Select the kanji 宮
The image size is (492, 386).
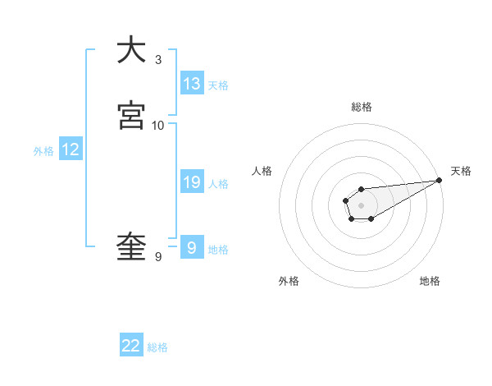tap(131, 116)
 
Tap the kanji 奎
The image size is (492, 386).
tap(131, 246)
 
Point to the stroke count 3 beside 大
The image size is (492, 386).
tap(158, 59)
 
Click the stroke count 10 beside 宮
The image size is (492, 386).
tap(158, 125)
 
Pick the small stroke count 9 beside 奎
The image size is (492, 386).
tap(158, 257)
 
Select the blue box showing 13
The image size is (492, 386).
tap(192, 83)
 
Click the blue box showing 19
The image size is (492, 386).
tap(192, 182)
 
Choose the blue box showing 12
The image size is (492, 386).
tap(71, 149)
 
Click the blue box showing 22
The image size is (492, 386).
tap(131, 346)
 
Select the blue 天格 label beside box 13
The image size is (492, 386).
tap(218, 85)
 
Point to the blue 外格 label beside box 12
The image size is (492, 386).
tap(43, 151)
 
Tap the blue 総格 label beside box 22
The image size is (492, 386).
tap(157, 347)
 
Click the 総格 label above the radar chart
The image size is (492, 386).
tap(362, 107)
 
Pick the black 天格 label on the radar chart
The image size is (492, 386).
tap(461, 171)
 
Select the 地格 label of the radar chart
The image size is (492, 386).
tap(430, 281)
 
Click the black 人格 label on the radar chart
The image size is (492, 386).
tap(262, 171)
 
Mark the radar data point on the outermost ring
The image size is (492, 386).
tap(439, 180)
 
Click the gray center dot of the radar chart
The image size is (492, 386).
tap(361, 204)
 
